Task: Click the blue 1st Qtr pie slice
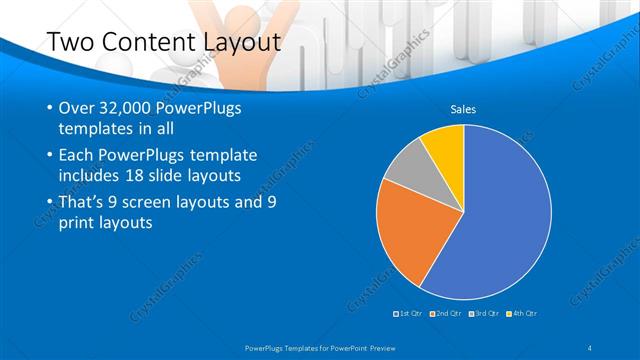click(500, 220)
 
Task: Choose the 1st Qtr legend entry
click(408, 315)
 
